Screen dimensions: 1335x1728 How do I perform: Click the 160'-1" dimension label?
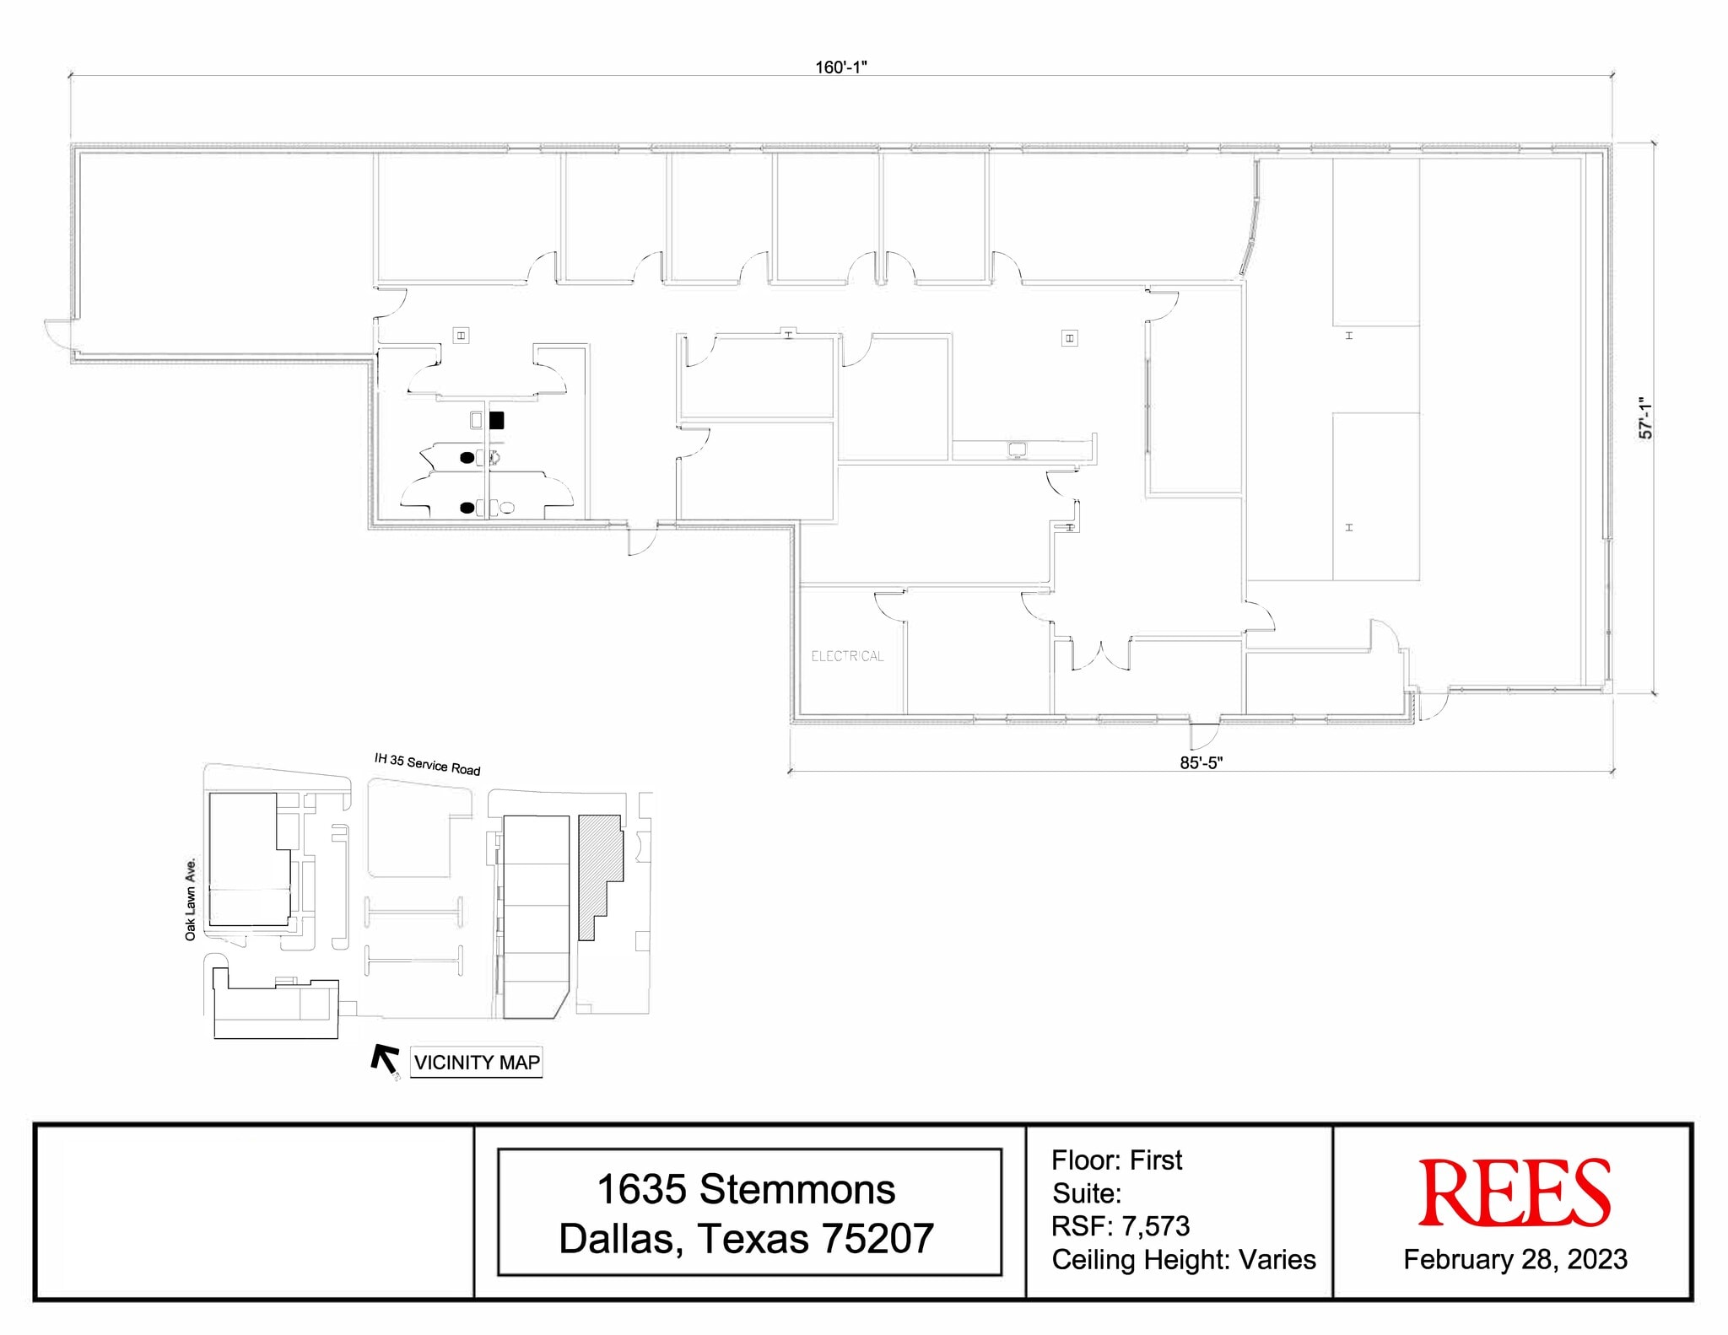(840, 67)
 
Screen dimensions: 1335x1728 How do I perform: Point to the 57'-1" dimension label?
(1645, 417)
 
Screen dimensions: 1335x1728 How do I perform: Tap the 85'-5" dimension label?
(1201, 762)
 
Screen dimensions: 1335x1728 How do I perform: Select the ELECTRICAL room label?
(847, 656)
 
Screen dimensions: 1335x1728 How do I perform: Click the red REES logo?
(1514, 1193)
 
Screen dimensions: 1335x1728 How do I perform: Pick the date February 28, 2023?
(1515, 1259)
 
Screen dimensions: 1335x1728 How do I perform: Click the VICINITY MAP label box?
(477, 1062)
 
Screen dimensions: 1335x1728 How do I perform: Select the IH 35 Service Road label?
(427, 764)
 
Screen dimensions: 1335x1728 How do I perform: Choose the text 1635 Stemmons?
(746, 1190)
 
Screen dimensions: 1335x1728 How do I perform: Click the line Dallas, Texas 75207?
(746, 1238)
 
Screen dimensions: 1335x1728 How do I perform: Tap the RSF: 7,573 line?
(1120, 1225)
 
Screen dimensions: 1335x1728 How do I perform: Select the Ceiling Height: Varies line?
(1183, 1259)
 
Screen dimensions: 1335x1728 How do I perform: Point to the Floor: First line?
(1115, 1160)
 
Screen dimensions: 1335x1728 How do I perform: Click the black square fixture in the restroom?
(497, 419)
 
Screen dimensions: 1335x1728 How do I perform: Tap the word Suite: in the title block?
(1087, 1193)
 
